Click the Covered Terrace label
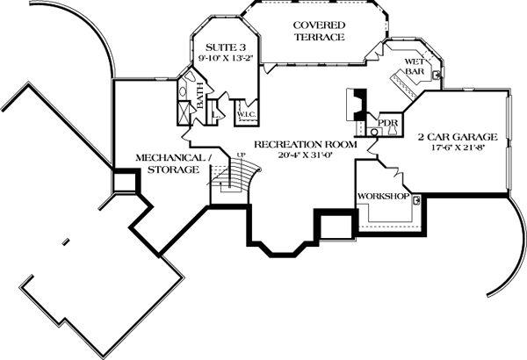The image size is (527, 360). click(318, 31)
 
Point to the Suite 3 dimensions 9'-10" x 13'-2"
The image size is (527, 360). click(220, 60)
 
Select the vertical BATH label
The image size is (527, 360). click(200, 95)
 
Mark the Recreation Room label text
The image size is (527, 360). click(305, 143)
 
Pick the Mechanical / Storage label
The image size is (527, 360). click(173, 163)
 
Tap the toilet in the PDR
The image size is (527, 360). click(373, 131)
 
